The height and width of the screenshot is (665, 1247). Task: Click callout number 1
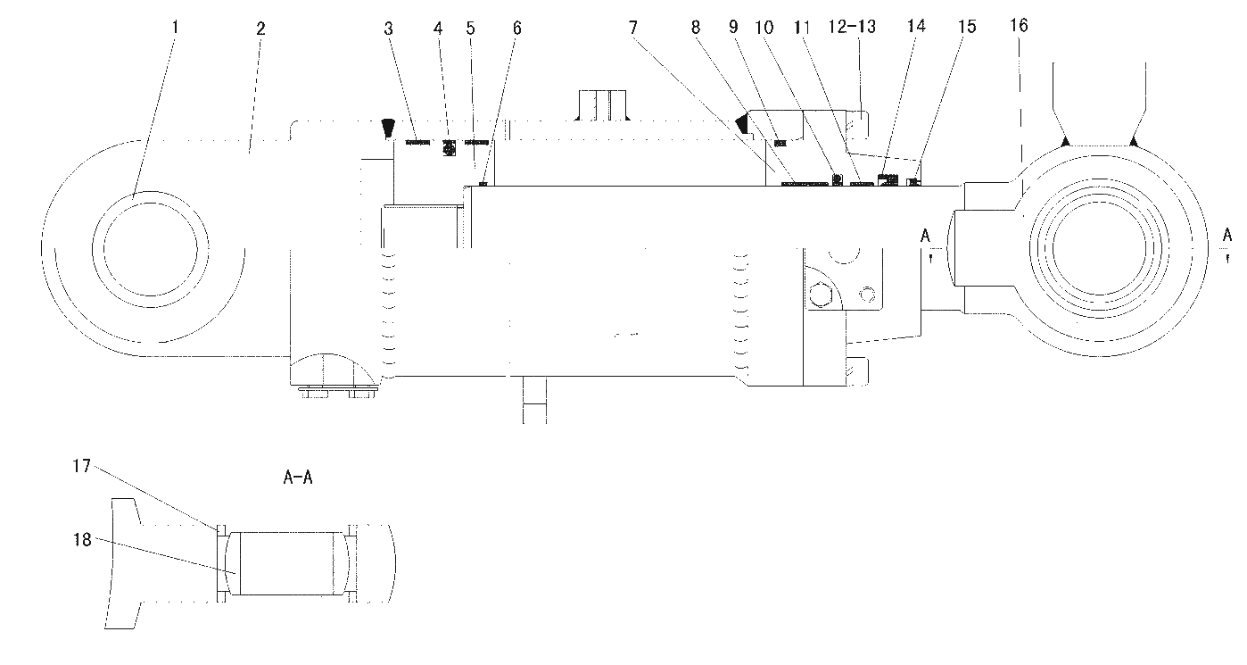pos(175,27)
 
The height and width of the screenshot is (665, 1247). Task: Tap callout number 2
pos(260,29)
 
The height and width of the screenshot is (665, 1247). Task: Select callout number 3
pos(389,29)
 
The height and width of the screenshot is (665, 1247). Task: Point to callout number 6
pos(517,28)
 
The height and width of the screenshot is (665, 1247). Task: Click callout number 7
pos(633,27)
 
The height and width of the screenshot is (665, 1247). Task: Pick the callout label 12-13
pos(852,26)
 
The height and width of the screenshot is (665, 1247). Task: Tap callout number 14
pos(916,26)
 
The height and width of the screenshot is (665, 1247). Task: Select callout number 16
pos(1019,25)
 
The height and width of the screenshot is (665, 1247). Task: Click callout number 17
pos(81,466)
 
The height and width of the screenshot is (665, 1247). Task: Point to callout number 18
pos(82,539)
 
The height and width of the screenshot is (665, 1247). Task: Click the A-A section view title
pos(298,478)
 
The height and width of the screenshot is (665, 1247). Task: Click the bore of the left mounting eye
pos(151,250)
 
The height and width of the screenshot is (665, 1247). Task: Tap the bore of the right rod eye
pos(1100,248)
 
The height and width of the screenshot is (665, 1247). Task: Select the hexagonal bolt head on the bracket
pos(820,295)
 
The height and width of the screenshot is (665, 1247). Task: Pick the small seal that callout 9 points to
pos(780,143)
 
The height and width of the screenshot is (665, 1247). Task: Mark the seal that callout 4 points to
pos(449,147)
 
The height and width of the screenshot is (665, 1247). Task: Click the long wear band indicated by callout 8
pos(805,183)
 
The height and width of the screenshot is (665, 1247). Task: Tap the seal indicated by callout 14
pos(888,180)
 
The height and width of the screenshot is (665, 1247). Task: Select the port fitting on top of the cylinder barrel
pos(602,104)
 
